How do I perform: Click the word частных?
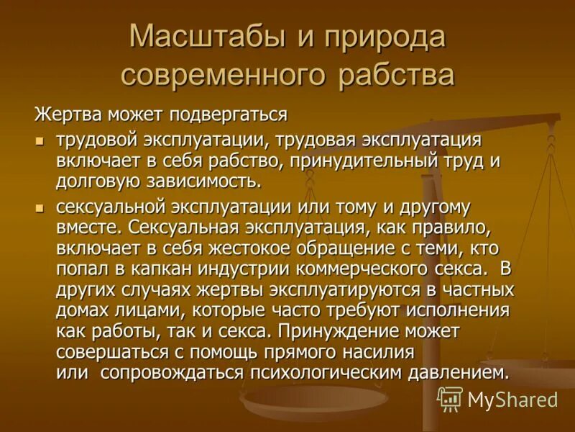pos(478,290)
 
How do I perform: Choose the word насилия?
pos(377,353)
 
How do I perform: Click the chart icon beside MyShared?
pos(451,399)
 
